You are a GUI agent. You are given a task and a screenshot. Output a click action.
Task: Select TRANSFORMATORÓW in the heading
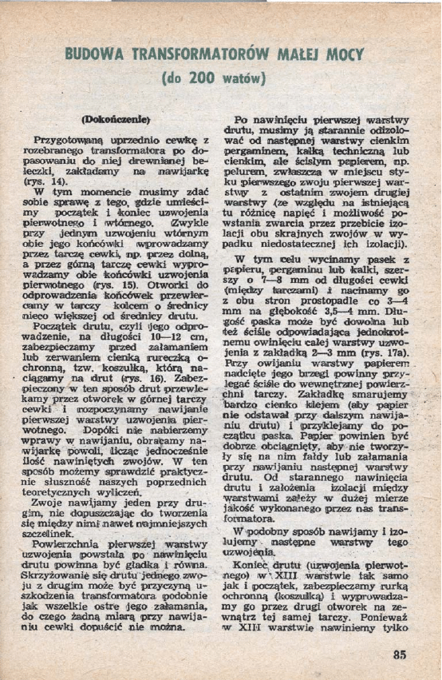click(191, 56)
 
